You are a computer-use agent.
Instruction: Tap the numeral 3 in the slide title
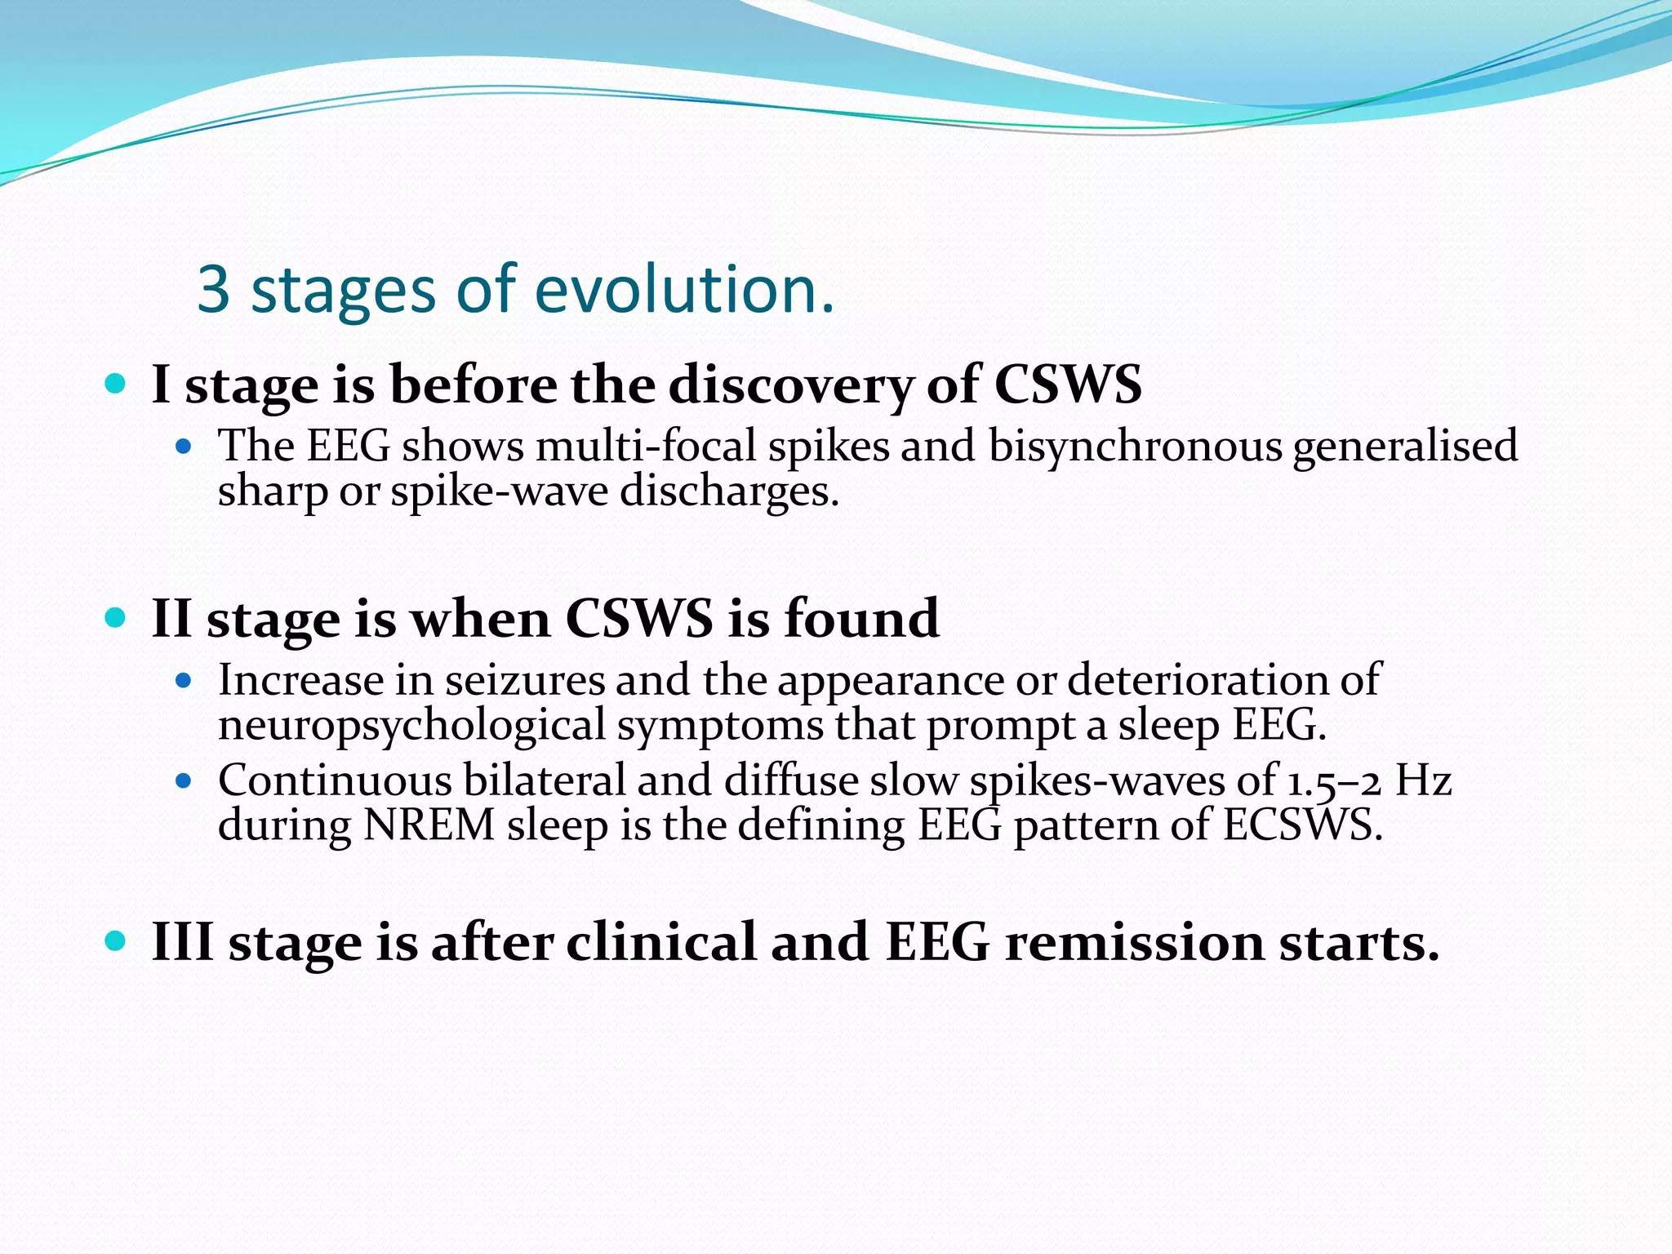214,290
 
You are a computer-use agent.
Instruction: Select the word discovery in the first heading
791,386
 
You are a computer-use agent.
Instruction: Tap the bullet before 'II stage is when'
116,616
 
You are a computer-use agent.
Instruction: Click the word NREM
429,825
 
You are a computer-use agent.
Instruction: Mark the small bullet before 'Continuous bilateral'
184,781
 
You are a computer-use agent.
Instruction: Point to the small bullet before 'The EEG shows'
184,447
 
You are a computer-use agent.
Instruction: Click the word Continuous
335,780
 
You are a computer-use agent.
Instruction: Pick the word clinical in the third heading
661,942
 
